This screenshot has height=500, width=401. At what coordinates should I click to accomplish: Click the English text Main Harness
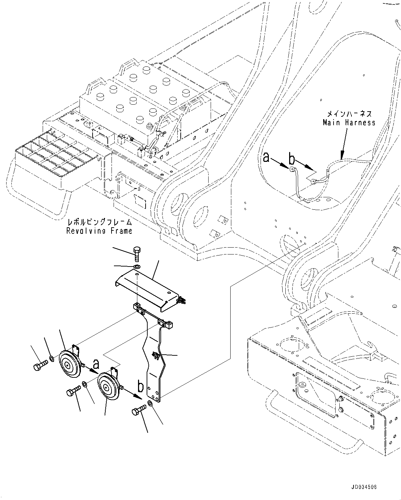coord(349,123)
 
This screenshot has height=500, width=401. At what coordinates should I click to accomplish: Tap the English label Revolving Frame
coord(99,231)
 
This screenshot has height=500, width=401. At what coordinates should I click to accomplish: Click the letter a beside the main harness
coord(266,158)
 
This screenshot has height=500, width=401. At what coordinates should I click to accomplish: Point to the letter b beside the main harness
coord(292,159)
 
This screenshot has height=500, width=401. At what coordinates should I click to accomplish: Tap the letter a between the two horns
coord(96,363)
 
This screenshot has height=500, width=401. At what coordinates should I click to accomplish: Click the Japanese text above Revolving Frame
coord(100,222)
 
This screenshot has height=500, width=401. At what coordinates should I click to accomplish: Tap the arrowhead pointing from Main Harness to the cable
coord(342,156)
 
